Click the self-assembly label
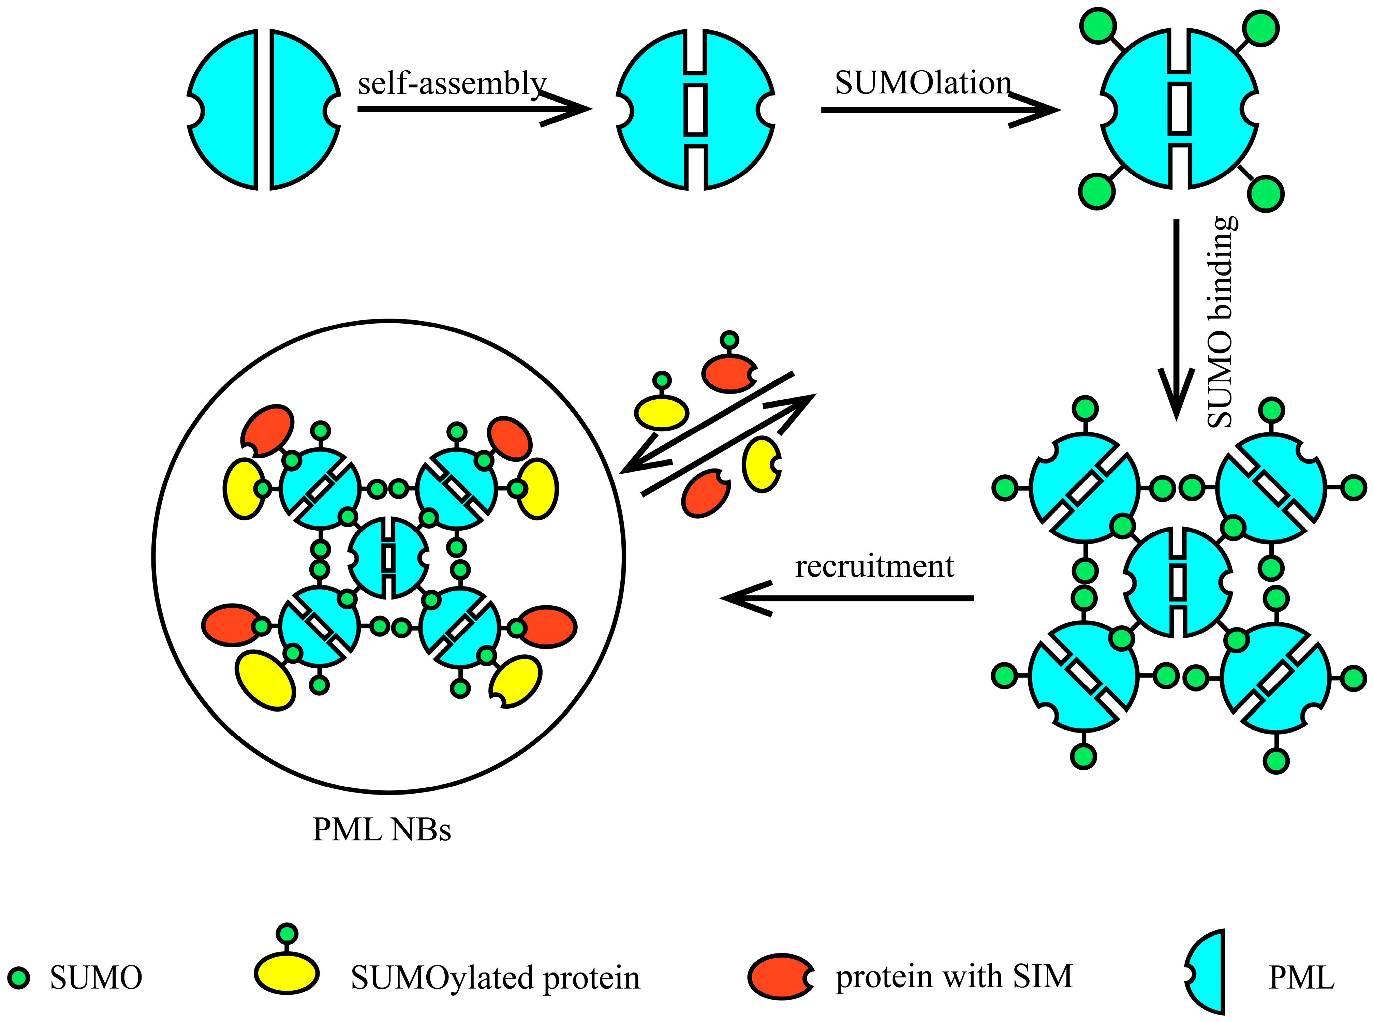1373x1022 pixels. (452, 84)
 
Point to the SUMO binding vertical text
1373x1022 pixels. (1222, 322)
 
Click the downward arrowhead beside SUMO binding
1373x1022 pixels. (1176, 396)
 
